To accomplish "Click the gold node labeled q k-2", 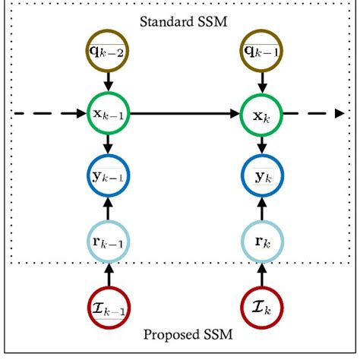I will [x=107, y=52].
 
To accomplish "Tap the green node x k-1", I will [x=107, y=114].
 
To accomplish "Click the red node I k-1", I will [x=107, y=308].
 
